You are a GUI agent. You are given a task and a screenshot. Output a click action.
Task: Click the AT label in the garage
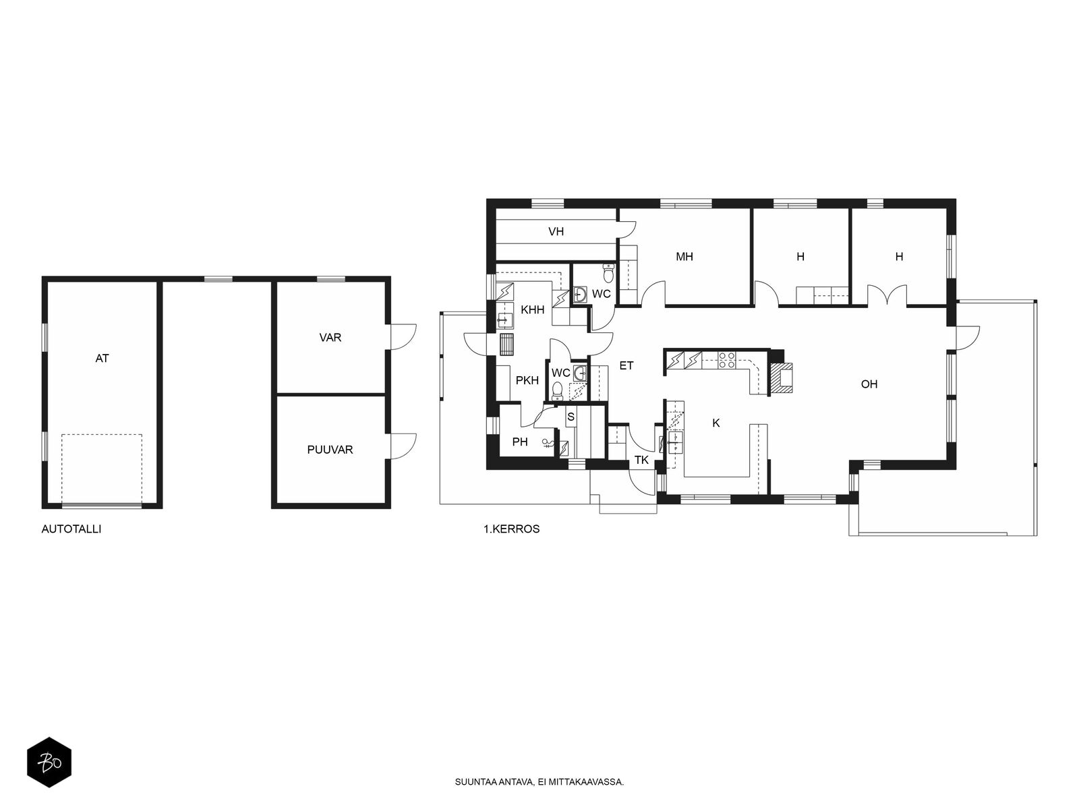[x=102, y=359]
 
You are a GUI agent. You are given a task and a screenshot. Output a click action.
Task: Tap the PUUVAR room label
[x=330, y=450]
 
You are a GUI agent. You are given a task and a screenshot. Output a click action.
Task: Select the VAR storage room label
[x=330, y=338]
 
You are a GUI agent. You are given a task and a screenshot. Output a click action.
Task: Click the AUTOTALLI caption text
[x=71, y=529]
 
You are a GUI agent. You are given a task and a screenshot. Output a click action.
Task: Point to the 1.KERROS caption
[x=511, y=529]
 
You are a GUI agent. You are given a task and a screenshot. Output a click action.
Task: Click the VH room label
[x=556, y=231]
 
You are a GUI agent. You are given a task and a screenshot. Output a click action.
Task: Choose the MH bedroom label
[x=684, y=256]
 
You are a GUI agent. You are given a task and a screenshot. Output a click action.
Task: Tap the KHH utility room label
[x=532, y=310]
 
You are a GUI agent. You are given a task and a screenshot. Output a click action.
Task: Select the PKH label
[x=527, y=380]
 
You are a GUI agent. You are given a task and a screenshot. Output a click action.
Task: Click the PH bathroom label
[x=520, y=442]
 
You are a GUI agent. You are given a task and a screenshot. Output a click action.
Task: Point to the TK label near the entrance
[x=641, y=460]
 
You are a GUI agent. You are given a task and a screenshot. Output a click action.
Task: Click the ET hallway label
[x=626, y=365]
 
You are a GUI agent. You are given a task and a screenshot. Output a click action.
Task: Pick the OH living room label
[x=869, y=384]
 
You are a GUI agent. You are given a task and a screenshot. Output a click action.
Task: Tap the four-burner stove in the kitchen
[x=726, y=360]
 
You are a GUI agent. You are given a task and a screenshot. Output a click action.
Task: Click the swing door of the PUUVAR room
[x=403, y=446]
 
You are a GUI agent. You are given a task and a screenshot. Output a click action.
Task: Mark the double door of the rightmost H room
[x=887, y=295]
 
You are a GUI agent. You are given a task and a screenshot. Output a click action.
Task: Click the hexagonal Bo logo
[x=49, y=762]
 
